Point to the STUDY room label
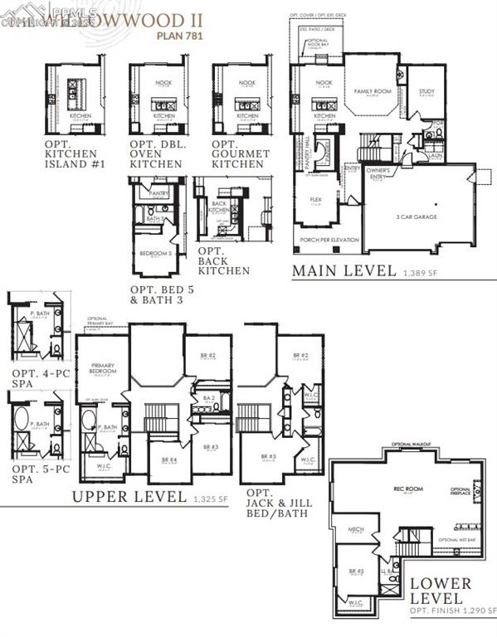(x=426, y=91)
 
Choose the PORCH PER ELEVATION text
(x=329, y=240)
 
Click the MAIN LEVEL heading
(x=344, y=270)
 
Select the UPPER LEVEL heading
(x=128, y=496)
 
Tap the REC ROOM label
(x=408, y=489)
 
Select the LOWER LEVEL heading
(x=441, y=591)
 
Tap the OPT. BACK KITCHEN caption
(x=223, y=260)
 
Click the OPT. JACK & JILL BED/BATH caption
(x=276, y=503)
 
